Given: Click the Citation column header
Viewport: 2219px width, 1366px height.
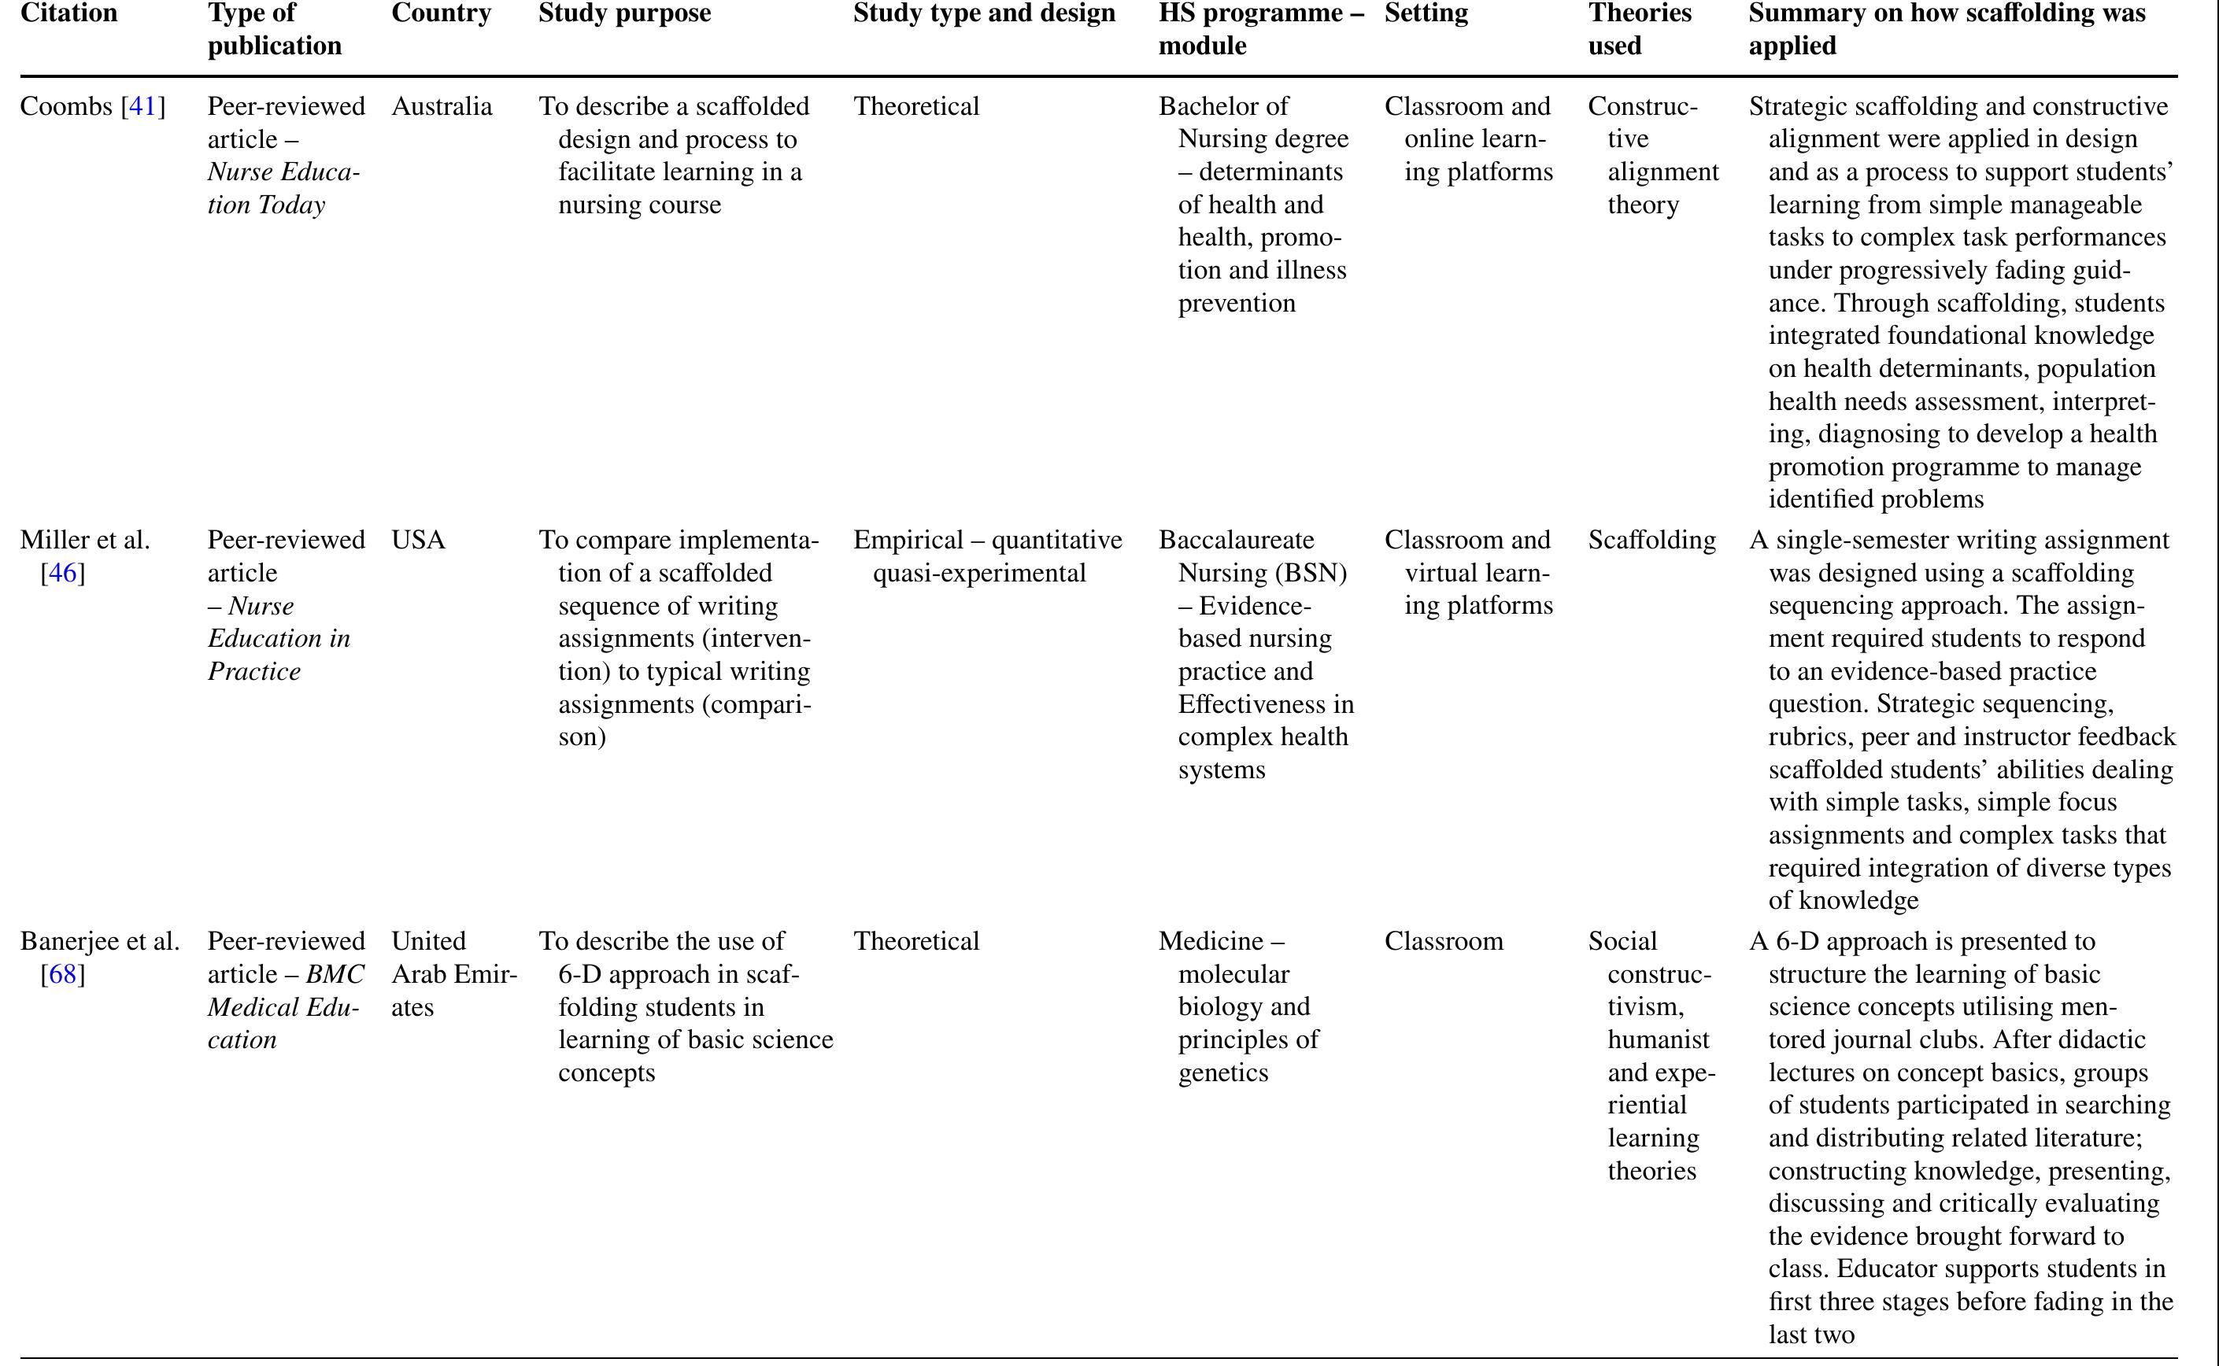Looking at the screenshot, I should [x=68, y=13].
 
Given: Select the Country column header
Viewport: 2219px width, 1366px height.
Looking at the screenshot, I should [x=441, y=13].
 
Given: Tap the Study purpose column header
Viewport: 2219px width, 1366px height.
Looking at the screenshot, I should [x=624, y=13].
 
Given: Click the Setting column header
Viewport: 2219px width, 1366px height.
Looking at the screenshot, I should [x=1426, y=13].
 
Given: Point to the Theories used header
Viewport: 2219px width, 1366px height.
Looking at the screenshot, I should [x=1639, y=29].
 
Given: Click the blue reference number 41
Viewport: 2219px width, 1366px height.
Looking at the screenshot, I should [x=142, y=106].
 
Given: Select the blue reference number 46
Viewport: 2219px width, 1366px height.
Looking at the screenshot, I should [x=62, y=573].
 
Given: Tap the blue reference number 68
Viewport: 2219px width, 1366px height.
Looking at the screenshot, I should [x=62, y=974].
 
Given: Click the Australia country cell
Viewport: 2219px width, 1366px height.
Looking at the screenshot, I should [x=442, y=106].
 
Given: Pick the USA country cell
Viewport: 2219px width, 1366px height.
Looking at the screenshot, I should [x=418, y=541].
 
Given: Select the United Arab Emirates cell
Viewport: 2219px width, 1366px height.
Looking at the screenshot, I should [x=453, y=974].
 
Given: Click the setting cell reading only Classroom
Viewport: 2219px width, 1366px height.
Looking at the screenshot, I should [x=1443, y=941].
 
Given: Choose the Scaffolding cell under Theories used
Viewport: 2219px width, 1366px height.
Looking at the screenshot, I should [x=1651, y=541].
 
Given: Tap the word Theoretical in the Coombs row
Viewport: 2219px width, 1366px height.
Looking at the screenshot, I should [x=916, y=106].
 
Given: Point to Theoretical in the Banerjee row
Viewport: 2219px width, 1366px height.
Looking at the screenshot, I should [x=916, y=941].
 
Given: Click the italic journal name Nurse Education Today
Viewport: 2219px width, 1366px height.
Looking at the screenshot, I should [x=282, y=188].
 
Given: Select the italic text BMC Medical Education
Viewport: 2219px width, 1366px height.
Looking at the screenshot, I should [x=285, y=1006].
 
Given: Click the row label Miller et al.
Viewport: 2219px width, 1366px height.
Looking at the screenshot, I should [x=85, y=541].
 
